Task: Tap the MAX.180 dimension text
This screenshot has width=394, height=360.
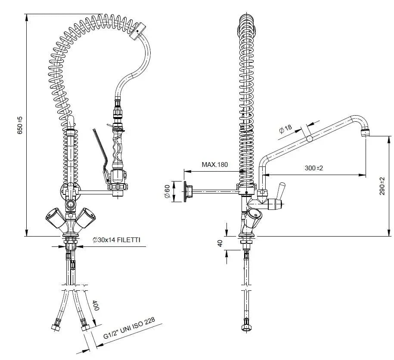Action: [x=214, y=165]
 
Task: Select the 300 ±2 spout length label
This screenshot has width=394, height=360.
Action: [x=313, y=168]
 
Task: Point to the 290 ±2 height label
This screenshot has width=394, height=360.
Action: [x=382, y=186]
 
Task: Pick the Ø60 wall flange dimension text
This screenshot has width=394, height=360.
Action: [x=167, y=191]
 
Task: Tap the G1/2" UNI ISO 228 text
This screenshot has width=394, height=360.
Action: [x=129, y=330]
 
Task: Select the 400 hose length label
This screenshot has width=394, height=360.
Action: [x=96, y=307]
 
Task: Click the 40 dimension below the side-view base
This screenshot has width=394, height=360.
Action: [x=220, y=243]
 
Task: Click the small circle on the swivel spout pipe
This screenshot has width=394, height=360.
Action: [x=309, y=139]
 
